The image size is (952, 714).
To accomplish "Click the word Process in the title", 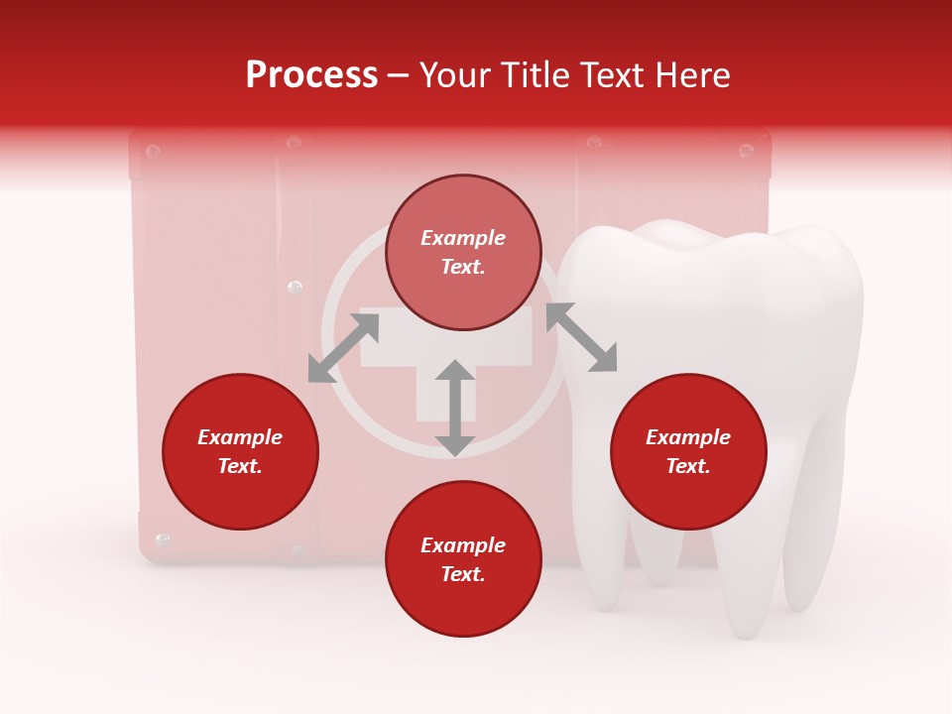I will [x=311, y=75].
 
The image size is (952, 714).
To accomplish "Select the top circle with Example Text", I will [x=463, y=252].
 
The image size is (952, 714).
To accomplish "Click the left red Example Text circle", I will [x=240, y=451].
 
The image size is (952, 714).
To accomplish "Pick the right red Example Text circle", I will [x=688, y=451].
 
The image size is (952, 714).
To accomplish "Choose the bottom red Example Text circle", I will [x=463, y=559].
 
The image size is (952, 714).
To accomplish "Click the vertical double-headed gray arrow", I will [x=455, y=408].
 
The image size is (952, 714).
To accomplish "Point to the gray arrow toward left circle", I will [x=343, y=348].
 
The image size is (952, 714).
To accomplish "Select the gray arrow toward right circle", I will [x=582, y=338].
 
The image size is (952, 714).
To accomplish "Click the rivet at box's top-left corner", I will [x=153, y=152].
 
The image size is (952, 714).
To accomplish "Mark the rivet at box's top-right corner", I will [x=746, y=152].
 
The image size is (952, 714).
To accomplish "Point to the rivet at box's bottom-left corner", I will [x=163, y=540].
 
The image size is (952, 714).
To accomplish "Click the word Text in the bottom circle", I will [x=463, y=574].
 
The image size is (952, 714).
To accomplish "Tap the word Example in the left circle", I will [x=240, y=437].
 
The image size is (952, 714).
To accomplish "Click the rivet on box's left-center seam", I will [x=295, y=288].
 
